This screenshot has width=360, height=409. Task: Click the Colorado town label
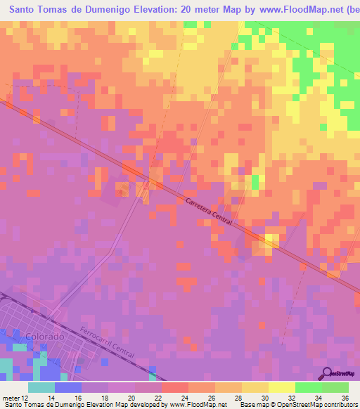pos(44,337)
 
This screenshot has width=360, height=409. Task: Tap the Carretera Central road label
pos(209,211)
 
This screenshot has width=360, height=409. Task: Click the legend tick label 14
pos(43,398)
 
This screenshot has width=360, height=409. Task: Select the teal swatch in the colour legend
pos(41,387)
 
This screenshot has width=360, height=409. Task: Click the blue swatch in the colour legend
pos(68,387)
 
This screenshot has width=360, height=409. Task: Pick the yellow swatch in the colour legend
pos(281,387)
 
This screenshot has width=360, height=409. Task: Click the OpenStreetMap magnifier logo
pos(326,373)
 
